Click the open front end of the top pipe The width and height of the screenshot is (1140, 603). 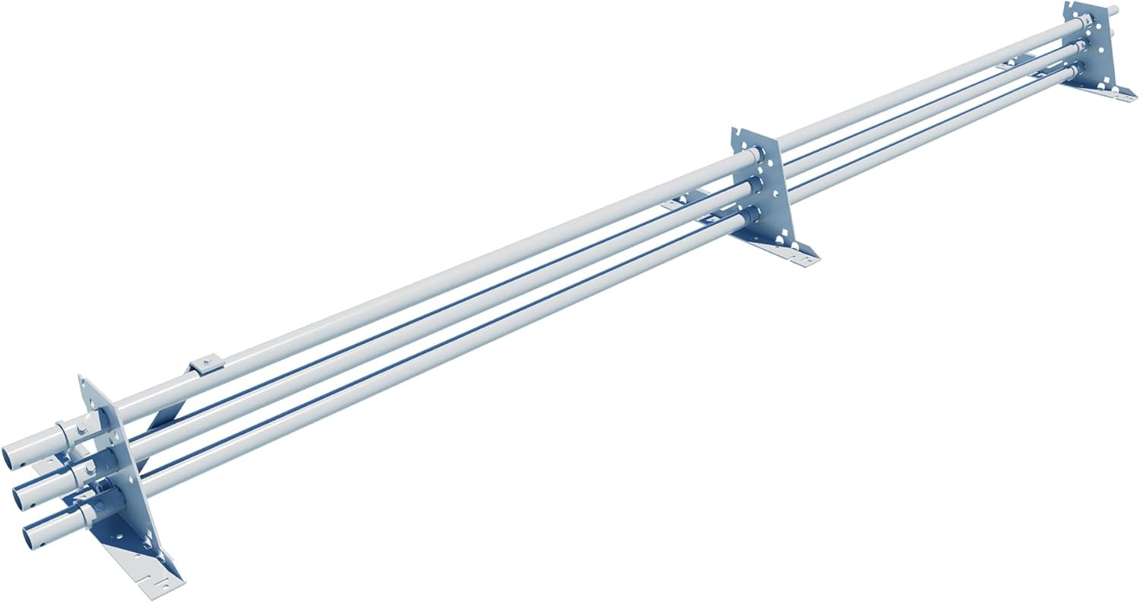[20, 453]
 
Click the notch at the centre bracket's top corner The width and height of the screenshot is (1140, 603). [736, 135]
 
